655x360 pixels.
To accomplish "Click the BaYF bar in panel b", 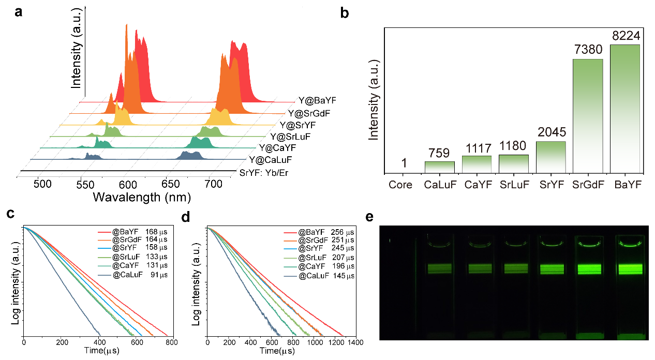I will tap(625, 109).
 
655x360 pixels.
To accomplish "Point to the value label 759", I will tap(440, 154).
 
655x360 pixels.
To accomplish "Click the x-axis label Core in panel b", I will tap(401, 185).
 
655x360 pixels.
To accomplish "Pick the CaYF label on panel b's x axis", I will tap(477, 185).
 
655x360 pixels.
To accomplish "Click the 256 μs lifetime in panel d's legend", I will tap(344, 233).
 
